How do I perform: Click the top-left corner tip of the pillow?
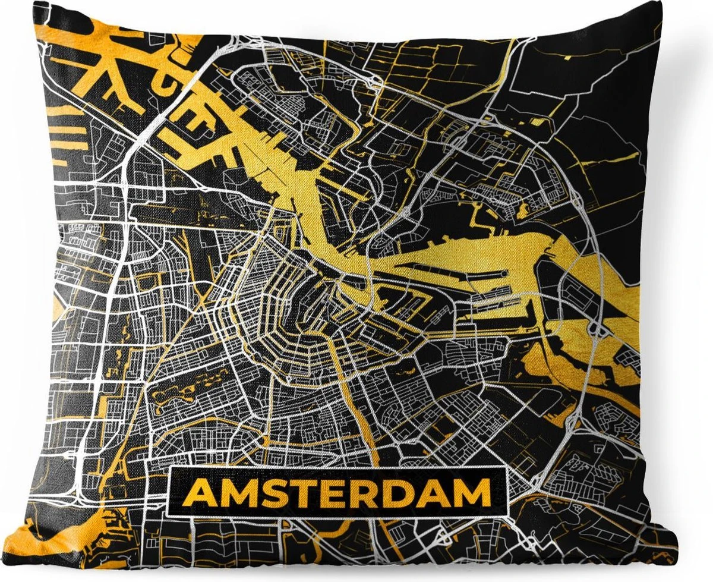click(x=36, y=3)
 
